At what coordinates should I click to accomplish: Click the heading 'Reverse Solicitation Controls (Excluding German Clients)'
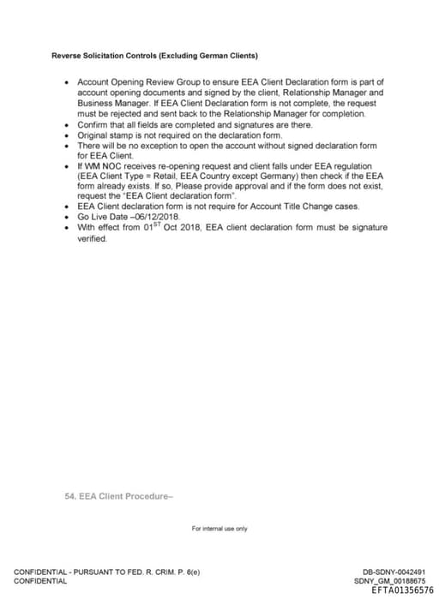click(154, 57)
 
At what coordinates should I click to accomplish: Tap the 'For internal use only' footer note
click(219, 529)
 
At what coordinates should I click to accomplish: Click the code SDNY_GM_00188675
click(389, 581)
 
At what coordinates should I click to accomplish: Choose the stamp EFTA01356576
click(402, 590)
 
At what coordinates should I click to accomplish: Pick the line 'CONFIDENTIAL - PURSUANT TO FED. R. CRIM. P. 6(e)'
click(106, 572)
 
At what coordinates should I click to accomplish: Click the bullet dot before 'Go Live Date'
click(68, 218)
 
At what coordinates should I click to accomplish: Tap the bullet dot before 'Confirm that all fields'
click(68, 124)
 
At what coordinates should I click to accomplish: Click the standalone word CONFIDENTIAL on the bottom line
click(40, 581)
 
